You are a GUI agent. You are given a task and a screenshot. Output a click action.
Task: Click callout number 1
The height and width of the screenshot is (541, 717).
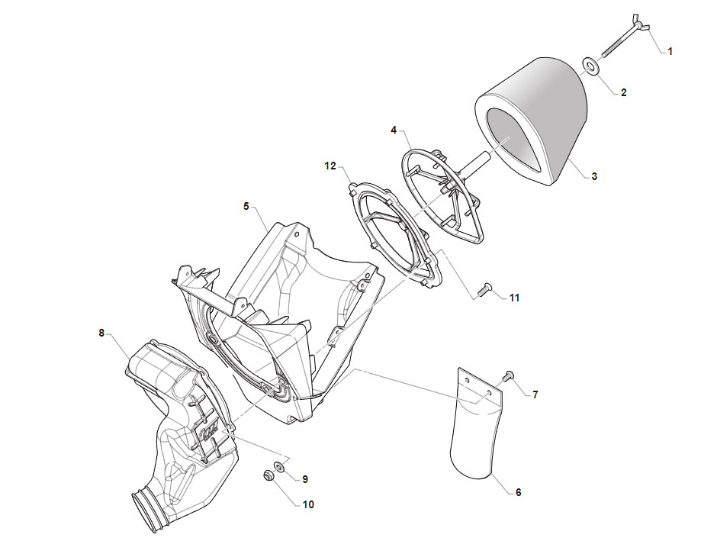coord(670,52)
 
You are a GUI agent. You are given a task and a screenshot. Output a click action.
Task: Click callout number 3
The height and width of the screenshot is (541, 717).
coord(594,176)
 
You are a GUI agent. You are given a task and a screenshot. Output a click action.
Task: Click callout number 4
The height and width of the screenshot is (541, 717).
coord(394,130)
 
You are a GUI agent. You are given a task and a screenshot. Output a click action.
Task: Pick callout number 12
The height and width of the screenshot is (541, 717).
coord(330,166)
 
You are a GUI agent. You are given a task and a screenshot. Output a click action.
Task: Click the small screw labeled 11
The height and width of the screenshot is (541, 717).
coord(484,289)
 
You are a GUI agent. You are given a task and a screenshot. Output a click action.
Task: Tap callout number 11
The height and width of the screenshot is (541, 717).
coord(514,298)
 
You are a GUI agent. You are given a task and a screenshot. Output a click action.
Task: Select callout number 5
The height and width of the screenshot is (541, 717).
coord(246,207)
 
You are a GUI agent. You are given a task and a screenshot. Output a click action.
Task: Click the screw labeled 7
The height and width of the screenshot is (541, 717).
coord(507,377)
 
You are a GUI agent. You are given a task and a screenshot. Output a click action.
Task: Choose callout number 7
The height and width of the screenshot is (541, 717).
coord(535,394)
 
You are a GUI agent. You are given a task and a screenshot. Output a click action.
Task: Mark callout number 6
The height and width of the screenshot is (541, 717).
coord(518,492)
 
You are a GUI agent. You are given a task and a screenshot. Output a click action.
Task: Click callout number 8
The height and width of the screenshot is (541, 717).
coord(101,333)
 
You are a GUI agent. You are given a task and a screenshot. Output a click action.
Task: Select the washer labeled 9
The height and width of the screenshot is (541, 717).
coord(278,467)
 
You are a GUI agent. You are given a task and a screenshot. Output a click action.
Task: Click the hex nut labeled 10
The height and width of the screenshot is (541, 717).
coord(268,475)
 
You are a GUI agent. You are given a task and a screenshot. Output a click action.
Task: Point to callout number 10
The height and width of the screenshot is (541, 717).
coord(309,505)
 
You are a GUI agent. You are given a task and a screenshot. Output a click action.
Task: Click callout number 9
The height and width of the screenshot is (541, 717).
coord(305,480)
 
